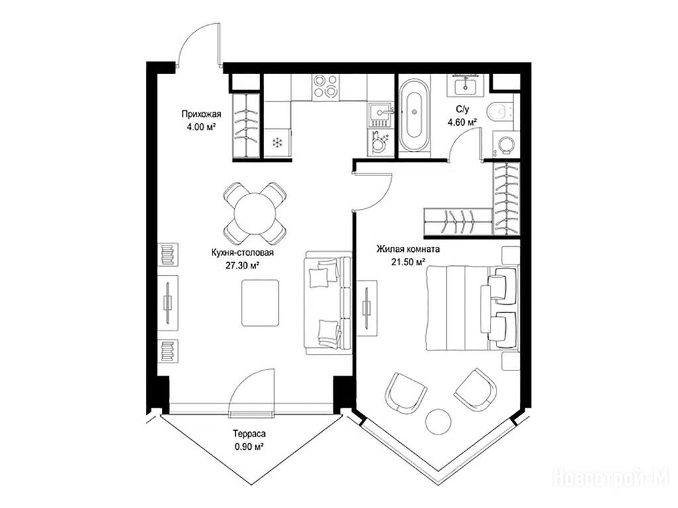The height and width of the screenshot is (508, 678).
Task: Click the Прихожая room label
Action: click(x=201, y=114)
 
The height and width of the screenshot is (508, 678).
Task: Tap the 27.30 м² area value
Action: click(x=242, y=265)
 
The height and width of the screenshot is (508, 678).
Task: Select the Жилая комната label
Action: click(x=408, y=249)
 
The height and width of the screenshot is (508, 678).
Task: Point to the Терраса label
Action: click(x=249, y=433)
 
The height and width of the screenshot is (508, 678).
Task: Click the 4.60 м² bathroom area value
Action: click(x=462, y=122)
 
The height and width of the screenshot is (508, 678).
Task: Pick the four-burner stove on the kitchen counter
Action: click(x=326, y=86)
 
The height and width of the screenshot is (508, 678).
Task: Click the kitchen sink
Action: click(x=381, y=113)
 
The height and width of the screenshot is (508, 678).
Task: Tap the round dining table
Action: click(x=255, y=213)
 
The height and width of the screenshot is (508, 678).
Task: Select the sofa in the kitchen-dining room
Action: click(x=328, y=303)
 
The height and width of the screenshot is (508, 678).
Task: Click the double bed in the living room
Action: click(x=471, y=308)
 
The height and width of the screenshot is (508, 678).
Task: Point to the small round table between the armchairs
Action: click(x=438, y=421)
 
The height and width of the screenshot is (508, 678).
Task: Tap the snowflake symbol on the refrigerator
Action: click(x=277, y=143)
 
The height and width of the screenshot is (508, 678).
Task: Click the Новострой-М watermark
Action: click(x=610, y=477)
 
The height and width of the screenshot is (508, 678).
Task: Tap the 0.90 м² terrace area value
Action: click(x=249, y=446)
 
